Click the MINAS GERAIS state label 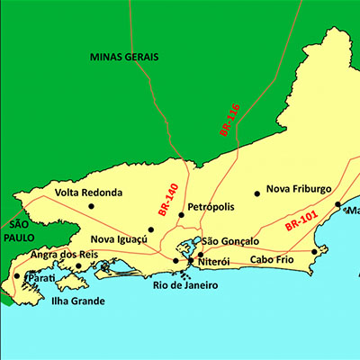[x=124, y=57]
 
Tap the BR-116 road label [x=229, y=120]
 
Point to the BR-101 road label [x=301, y=221]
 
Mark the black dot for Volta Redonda [x=91, y=206]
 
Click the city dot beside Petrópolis [x=181, y=214]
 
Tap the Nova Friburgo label [x=299, y=189]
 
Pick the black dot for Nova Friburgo [x=257, y=192]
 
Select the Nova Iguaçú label [x=118, y=240]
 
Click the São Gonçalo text [x=229, y=241]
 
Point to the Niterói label [x=213, y=262]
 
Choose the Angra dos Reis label [x=64, y=255]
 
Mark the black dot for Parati [x=17, y=276]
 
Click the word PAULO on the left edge [x=18, y=238]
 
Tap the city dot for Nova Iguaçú [x=151, y=229]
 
